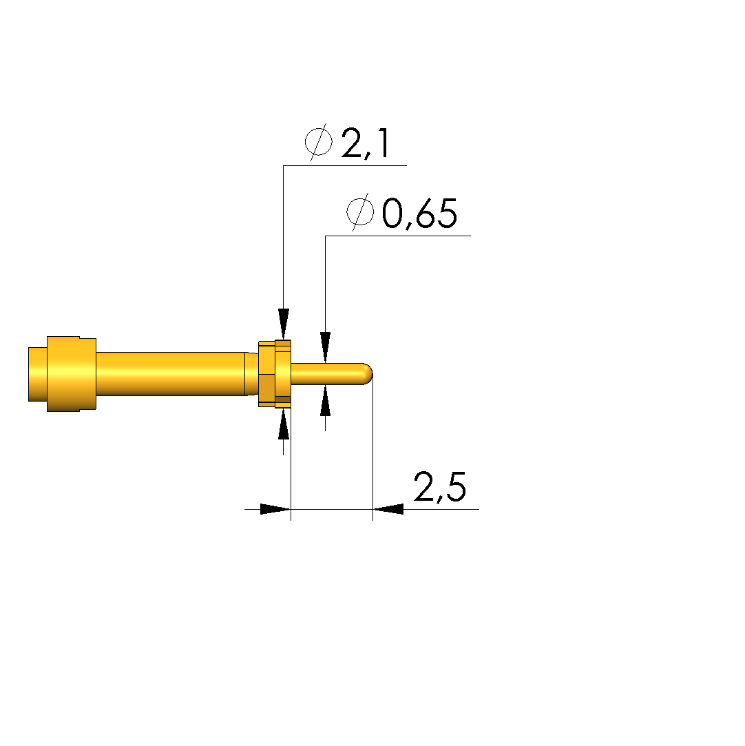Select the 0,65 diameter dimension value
(419, 214)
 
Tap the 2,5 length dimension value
(440, 487)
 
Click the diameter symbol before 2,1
(319, 142)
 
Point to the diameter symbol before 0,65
(360, 211)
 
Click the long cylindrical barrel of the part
(171, 374)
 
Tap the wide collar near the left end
(72, 374)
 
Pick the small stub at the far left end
(38, 374)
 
